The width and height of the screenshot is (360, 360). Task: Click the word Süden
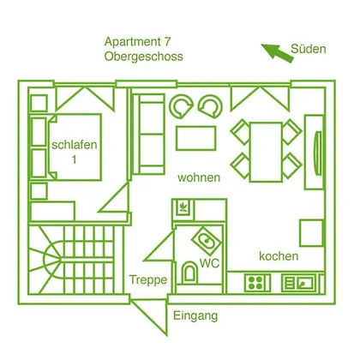pyautogui.click(x=309, y=49)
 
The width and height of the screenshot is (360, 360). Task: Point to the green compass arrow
pyautogui.click(x=278, y=52)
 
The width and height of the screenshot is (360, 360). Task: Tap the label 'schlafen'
pyautogui.click(x=75, y=145)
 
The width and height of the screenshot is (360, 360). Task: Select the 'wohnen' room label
pyautogui.click(x=199, y=177)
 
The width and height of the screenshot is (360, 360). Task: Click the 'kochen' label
pyautogui.click(x=279, y=256)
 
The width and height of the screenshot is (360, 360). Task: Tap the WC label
pyautogui.click(x=209, y=263)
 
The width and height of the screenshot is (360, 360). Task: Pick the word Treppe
pyautogui.click(x=148, y=279)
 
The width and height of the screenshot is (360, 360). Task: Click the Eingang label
pyautogui.click(x=195, y=316)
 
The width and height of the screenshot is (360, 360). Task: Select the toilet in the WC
pyautogui.click(x=189, y=272)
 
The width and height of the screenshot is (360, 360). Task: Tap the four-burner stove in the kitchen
pyautogui.click(x=257, y=283)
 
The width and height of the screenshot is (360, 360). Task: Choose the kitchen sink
pyautogui.click(x=299, y=283)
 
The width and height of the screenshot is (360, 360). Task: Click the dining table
pyautogui.click(x=266, y=152)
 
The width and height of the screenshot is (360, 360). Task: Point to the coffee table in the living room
pyautogui.click(x=196, y=138)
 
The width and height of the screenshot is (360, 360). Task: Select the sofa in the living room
pyautogui.click(x=149, y=134)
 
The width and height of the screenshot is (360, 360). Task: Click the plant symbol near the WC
pyautogui.click(x=183, y=207)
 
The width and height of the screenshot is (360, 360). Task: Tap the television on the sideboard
pyautogui.click(x=318, y=153)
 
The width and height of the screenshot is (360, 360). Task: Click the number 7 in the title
pyautogui.click(x=167, y=42)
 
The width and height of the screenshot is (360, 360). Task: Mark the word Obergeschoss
pyautogui.click(x=143, y=57)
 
